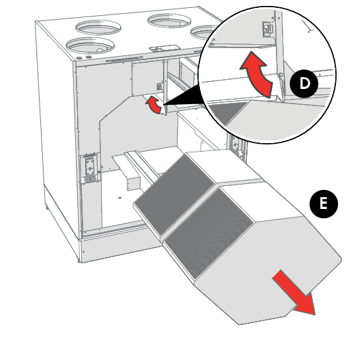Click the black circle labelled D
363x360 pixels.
point(304,84)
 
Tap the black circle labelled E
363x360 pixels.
point(323,204)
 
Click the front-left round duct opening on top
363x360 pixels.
point(90,45)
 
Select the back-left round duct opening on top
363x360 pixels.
point(98,27)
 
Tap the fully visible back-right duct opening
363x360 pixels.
point(170,20)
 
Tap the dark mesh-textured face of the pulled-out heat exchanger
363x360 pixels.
point(209,232)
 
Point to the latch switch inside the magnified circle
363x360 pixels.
point(267,29)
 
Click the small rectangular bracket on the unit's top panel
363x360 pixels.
point(164,48)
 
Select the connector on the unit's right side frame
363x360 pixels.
point(236,146)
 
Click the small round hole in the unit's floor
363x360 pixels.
point(119,198)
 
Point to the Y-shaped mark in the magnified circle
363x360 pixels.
point(307,26)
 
